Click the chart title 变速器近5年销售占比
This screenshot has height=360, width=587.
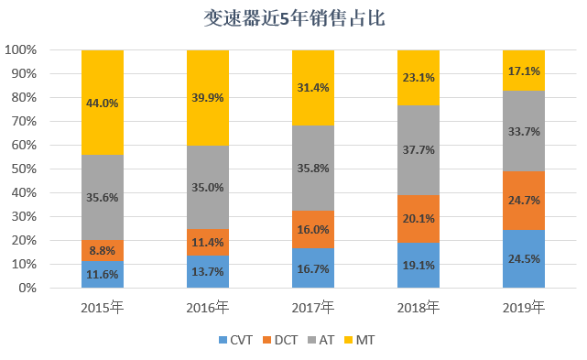coord(294,18)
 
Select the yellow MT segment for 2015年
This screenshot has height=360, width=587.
coord(103,103)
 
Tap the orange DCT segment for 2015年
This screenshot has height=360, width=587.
coord(103,250)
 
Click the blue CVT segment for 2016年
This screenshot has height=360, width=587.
coord(208,271)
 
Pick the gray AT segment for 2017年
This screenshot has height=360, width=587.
coord(313,168)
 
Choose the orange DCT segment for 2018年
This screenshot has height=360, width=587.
coord(419,219)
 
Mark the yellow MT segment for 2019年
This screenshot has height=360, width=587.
coord(524,71)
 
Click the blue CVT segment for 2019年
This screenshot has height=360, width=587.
coord(524,259)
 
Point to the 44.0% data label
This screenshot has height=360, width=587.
coord(103,103)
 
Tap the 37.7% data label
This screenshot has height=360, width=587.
coord(419,150)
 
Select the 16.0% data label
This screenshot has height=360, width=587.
coord(313,229)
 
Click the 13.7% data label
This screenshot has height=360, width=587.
coord(208,271)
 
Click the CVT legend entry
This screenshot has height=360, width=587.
coord(236,340)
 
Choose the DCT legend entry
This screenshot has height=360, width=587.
coord(280,340)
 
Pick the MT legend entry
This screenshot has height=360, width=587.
coord(359,340)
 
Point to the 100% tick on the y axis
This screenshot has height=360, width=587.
coord(20,49)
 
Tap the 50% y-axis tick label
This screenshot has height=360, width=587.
coord(24,169)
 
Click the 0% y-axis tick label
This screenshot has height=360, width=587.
coord(27,288)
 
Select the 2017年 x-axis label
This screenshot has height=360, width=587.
coord(313,308)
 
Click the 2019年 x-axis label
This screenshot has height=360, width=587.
coord(524,308)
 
